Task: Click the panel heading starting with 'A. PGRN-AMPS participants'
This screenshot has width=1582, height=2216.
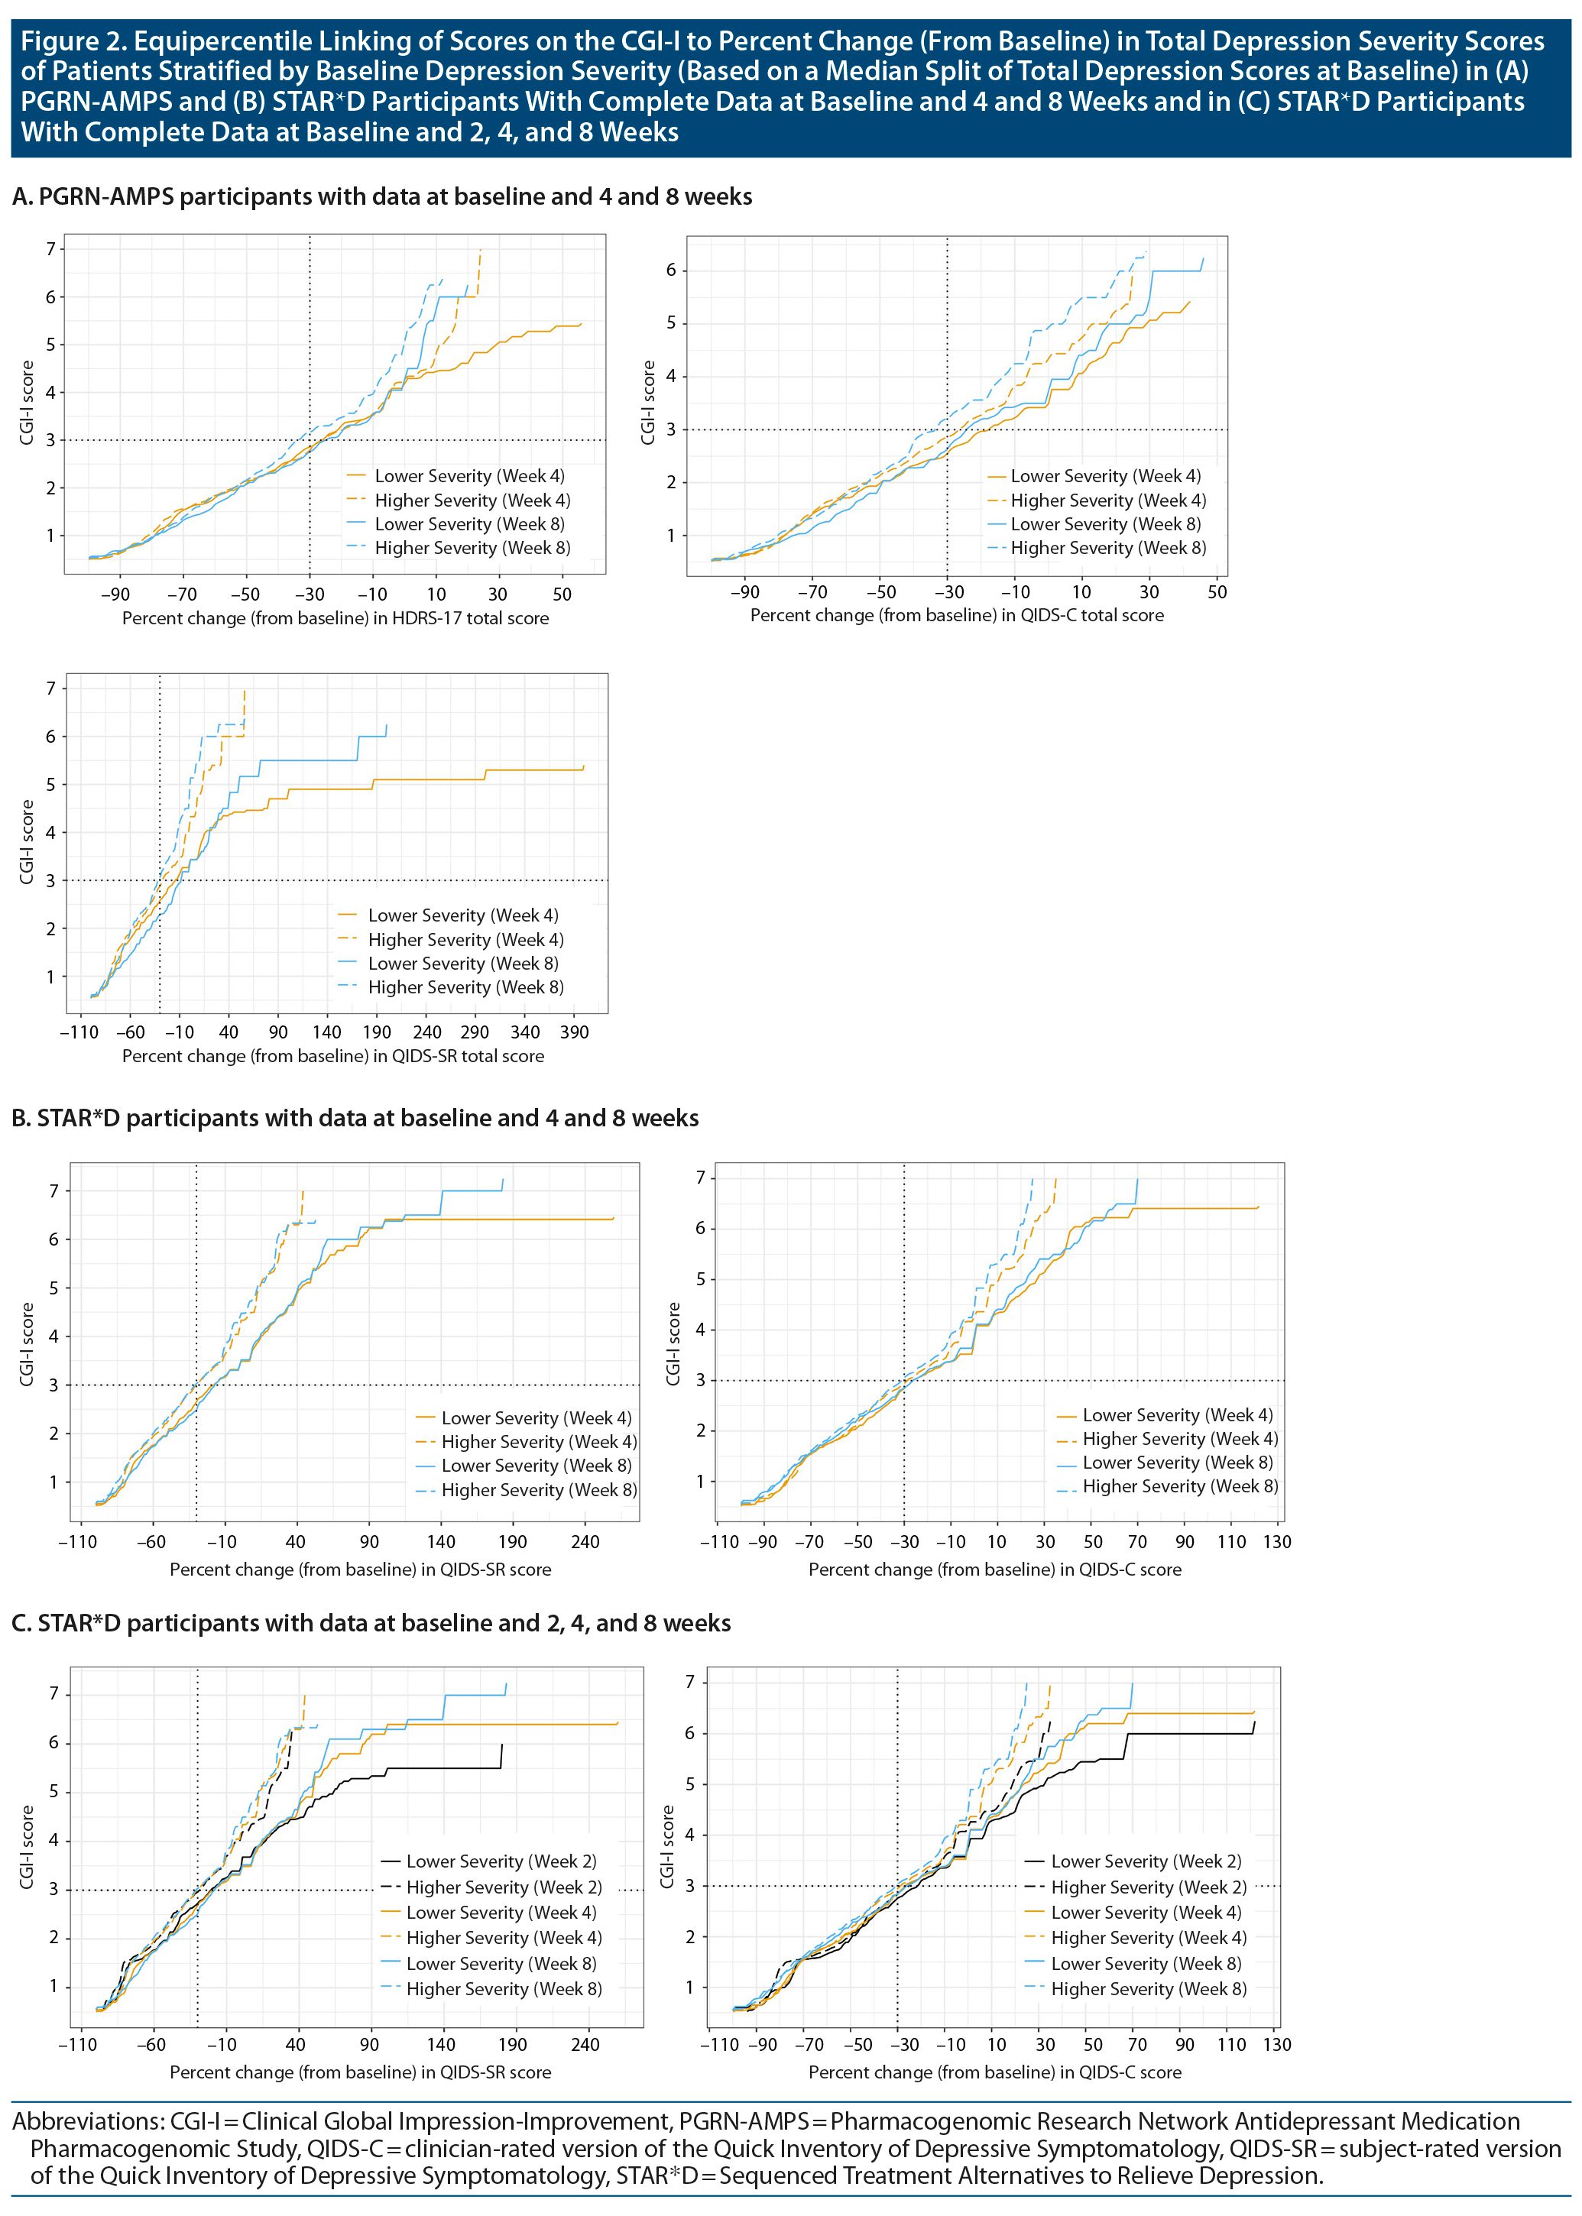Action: tap(382, 196)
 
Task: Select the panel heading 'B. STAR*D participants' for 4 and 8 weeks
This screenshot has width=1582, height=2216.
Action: tap(355, 1118)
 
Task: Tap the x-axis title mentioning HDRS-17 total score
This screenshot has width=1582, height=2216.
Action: tap(335, 618)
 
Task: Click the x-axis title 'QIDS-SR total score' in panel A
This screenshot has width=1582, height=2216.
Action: tap(332, 1056)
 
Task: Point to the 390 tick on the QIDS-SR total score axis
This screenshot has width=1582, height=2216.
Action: tap(575, 1032)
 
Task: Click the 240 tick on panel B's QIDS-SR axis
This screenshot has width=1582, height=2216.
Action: tap(585, 1542)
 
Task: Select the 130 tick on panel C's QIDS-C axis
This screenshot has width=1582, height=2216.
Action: tap(1276, 2045)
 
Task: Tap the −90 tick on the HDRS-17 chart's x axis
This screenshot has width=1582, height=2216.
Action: tap(116, 594)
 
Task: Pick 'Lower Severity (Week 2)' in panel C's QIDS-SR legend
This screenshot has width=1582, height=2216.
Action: tap(501, 1861)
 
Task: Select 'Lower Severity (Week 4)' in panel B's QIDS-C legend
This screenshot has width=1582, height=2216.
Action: tap(1177, 1414)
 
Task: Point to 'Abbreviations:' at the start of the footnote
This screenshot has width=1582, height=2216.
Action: tap(89, 2120)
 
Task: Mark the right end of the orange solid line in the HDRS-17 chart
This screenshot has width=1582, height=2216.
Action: tap(582, 324)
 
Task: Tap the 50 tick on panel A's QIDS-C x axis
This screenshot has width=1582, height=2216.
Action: tap(1217, 592)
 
